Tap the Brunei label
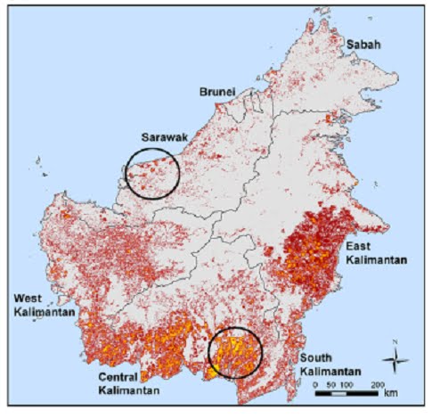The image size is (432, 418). point(215,93)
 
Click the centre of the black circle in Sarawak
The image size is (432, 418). point(152,172)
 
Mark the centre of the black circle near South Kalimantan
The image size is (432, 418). point(236,353)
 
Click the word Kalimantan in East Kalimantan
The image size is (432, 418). point(379,260)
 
